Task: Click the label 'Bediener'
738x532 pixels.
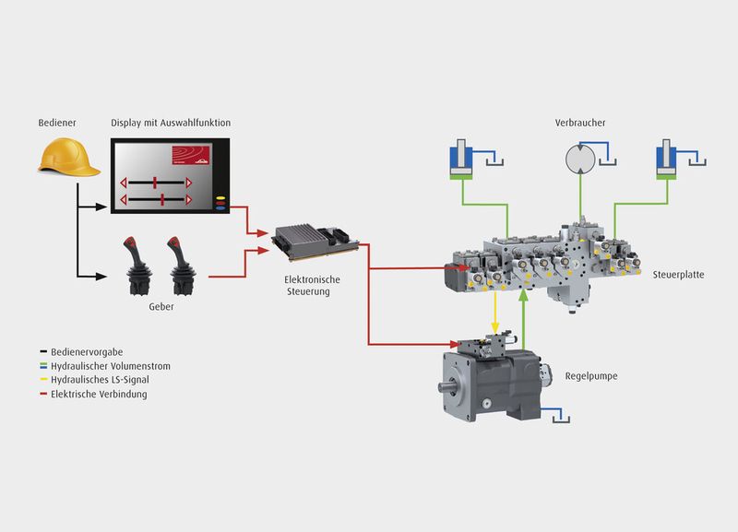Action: pyautogui.click(x=56, y=123)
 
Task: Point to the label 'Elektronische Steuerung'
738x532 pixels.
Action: pyautogui.click(x=307, y=286)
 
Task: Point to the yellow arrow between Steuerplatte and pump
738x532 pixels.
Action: pyautogui.click(x=497, y=313)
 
